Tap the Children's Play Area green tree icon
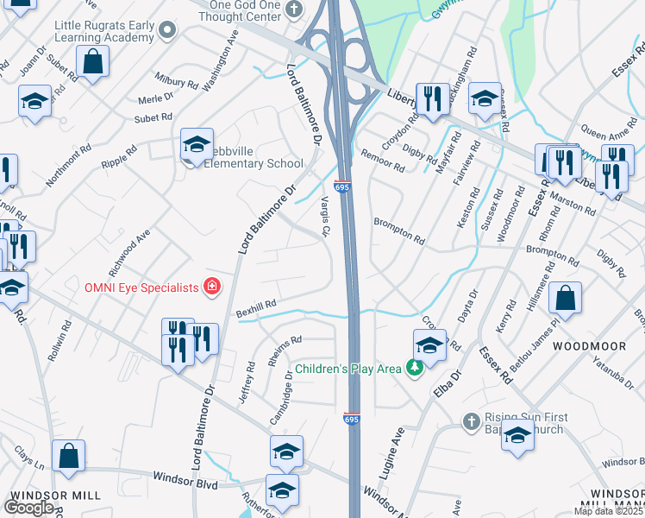(415, 369)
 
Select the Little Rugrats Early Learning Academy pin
(167, 32)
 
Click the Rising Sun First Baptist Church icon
(471, 422)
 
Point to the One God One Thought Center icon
(295, 10)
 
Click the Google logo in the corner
(28, 507)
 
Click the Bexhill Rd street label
(256, 305)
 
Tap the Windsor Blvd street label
(185, 477)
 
